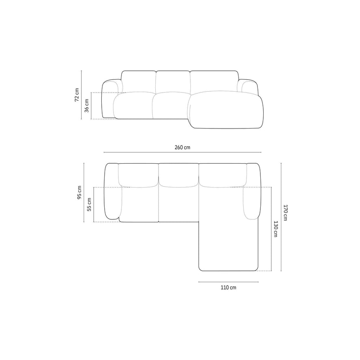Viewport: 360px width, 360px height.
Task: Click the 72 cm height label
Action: coord(77,95)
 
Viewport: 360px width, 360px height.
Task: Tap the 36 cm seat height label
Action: coord(87,105)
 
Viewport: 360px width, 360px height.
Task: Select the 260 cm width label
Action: coord(182,147)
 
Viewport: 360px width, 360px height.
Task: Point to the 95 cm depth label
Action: coord(80,193)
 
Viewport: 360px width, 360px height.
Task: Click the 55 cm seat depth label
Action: coord(89,204)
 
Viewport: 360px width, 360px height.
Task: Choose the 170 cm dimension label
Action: coord(285,213)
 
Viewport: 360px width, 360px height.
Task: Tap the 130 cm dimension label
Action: coord(275,229)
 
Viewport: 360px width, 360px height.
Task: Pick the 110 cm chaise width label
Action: coord(229,288)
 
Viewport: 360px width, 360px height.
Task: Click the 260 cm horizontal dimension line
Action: coord(182,152)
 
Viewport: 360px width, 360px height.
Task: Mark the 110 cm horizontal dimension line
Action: coord(229,282)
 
